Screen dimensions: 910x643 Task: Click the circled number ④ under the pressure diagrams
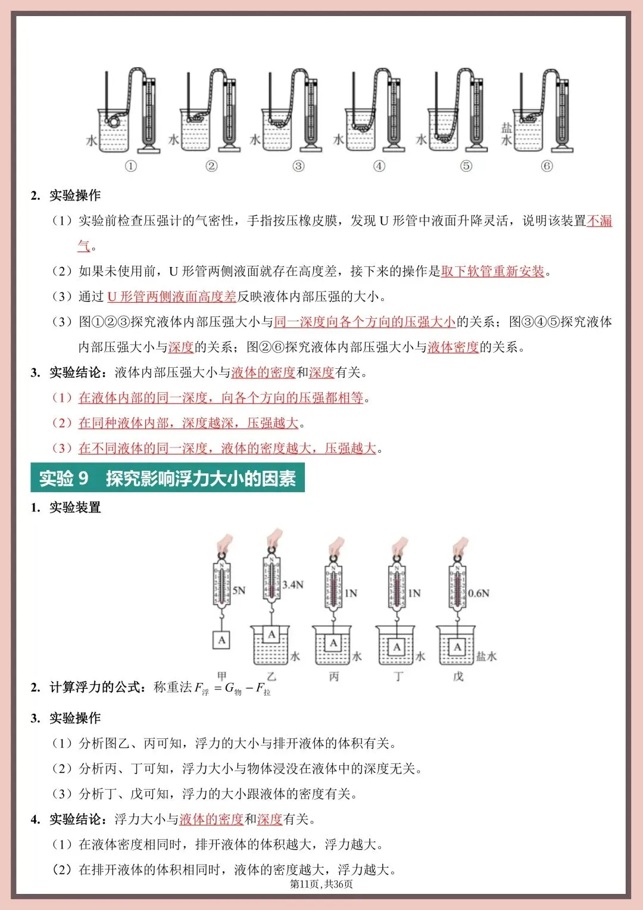(379, 166)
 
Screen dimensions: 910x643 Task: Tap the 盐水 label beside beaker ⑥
(507, 134)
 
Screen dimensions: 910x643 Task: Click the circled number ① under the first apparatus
(131, 166)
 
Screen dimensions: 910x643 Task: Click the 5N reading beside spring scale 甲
(239, 591)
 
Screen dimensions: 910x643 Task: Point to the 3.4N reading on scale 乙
(293, 585)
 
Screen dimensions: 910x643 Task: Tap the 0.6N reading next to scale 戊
(479, 593)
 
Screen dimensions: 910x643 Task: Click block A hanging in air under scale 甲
(222, 640)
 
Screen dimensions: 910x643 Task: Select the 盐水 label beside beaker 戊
(486, 656)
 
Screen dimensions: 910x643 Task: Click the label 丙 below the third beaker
(334, 676)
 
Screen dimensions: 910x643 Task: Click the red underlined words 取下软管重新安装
(493, 272)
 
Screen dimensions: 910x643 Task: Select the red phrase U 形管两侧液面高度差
(171, 297)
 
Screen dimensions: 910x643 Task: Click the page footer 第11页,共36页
(321, 884)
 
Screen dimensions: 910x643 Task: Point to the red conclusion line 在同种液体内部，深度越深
(188, 423)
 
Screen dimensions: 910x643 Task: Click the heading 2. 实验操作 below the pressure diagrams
(66, 195)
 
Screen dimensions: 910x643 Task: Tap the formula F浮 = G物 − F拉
(233, 688)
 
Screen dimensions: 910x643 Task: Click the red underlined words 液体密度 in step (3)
(453, 347)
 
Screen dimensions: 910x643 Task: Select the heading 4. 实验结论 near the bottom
(66, 819)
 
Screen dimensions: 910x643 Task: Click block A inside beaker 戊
(457, 647)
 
